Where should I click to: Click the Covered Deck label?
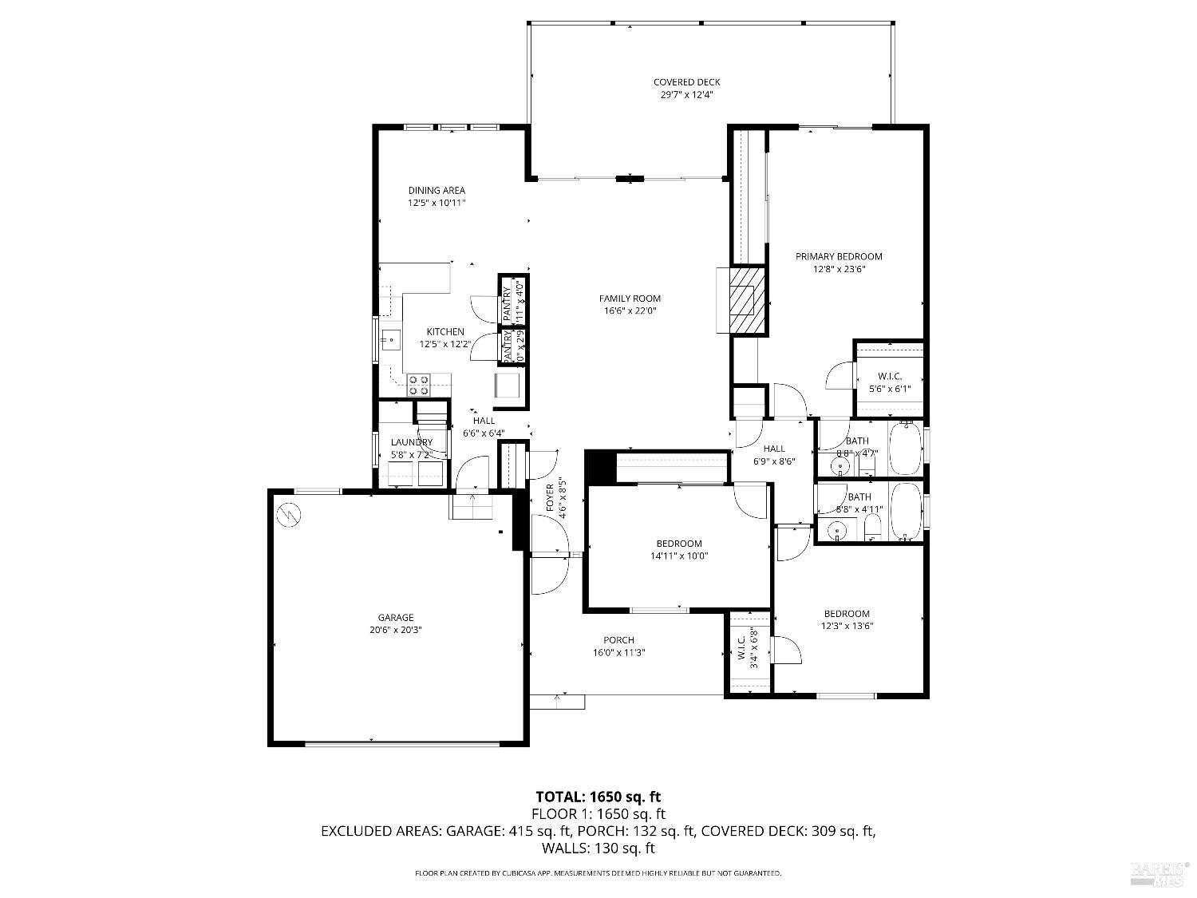click(686, 82)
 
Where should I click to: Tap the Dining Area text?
click(437, 191)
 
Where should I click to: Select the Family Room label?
click(630, 299)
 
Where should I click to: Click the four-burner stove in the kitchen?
click(419, 386)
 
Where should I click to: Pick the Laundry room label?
click(411, 442)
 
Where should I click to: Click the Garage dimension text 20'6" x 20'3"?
click(396, 629)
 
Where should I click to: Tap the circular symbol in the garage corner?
click(287, 515)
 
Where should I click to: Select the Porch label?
click(618, 639)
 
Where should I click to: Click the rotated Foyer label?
click(551, 498)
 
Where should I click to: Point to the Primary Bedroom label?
click(839, 256)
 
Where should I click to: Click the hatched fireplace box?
click(749, 299)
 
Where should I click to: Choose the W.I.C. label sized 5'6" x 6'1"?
click(889, 376)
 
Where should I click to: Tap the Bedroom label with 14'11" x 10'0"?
click(678, 544)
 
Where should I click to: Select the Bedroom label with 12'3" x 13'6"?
click(847, 614)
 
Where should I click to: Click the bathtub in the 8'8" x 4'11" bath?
click(906, 512)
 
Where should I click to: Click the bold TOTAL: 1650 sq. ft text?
click(598, 797)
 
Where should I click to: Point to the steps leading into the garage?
click(474, 506)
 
